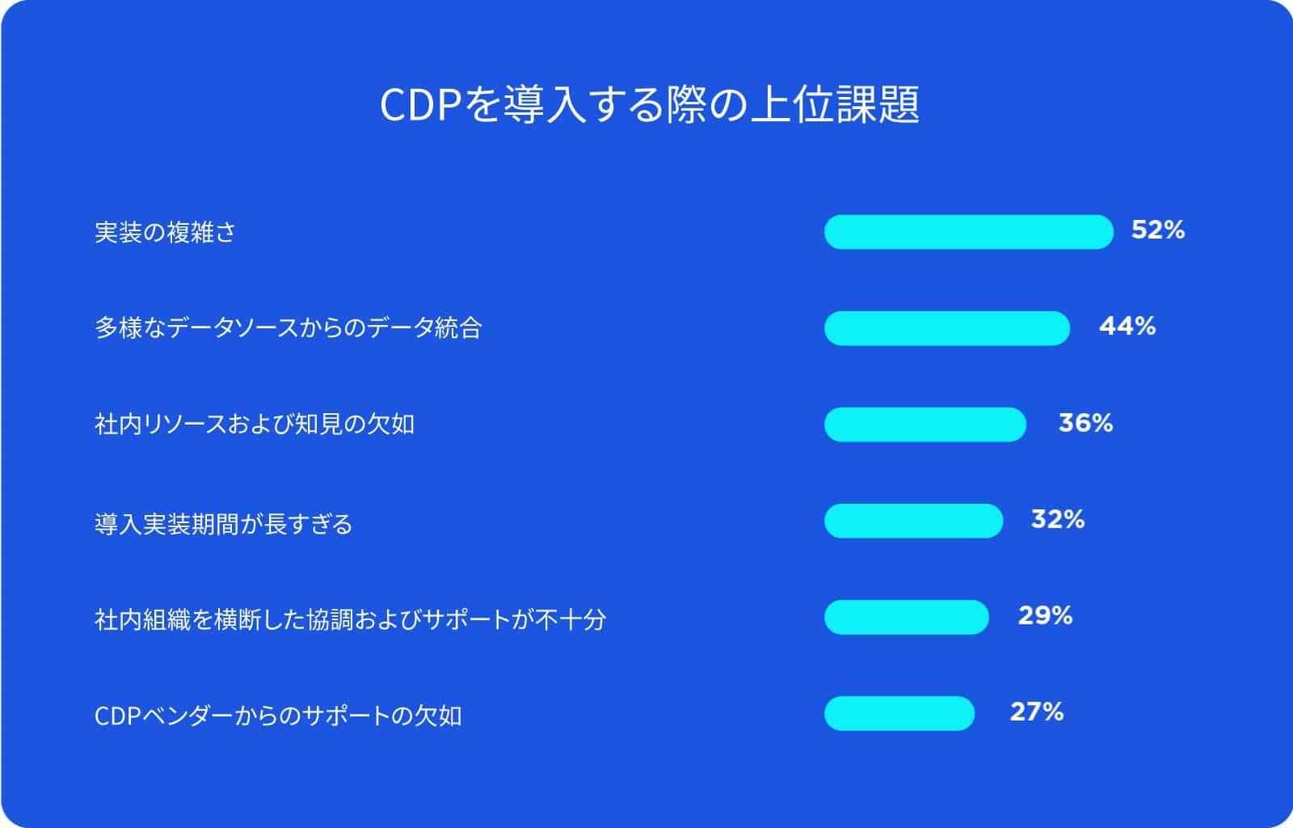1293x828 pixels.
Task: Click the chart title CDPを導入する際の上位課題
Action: pyautogui.click(x=650, y=104)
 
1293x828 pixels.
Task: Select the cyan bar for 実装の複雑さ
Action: pyautogui.click(x=969, y=232)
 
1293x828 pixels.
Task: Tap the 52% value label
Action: pyautogui.click(x=1158, y=230)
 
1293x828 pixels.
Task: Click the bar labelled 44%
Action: pyautogui.click(x=947, y=328)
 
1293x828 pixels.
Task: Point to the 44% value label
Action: pyautogui.click(x=1127, y=326)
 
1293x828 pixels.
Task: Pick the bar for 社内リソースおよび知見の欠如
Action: pyautogui.click(x=925, y=425)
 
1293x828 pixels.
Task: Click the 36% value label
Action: pyautogui.click(x=1086, y=423)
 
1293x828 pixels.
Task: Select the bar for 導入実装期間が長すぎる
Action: pyautogui.click(x=914, y=521)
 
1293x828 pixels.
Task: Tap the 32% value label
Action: pyautogui.click(x=1058, y=519)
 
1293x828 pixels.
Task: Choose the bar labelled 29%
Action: pyautogui.click(x=906, y=617)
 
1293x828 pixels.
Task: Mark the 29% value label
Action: pyautogui.click(x=1046, y=615)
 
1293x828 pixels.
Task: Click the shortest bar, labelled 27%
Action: pyautogui.click(x=899, y=714)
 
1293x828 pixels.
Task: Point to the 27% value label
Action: pyautogui.click(x=1037, y=712)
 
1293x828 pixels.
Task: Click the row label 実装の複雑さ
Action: pyautogui.click(x=165, y=233)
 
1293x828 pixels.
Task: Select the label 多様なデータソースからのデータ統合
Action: pyautogui.click(x=288, y=328)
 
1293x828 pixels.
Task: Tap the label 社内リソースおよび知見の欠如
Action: pyautogui.click(x=255, y=425)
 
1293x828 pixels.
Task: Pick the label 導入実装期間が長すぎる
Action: pyautogui.click(x=223, y=524)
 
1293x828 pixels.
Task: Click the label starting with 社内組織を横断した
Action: pyautogui.click(x=351, y=619)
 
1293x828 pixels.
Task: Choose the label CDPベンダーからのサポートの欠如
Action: pyautogui.click(x=278, y=716)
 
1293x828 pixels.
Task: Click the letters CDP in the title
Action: pyautogui.click(x=420, y=105)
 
